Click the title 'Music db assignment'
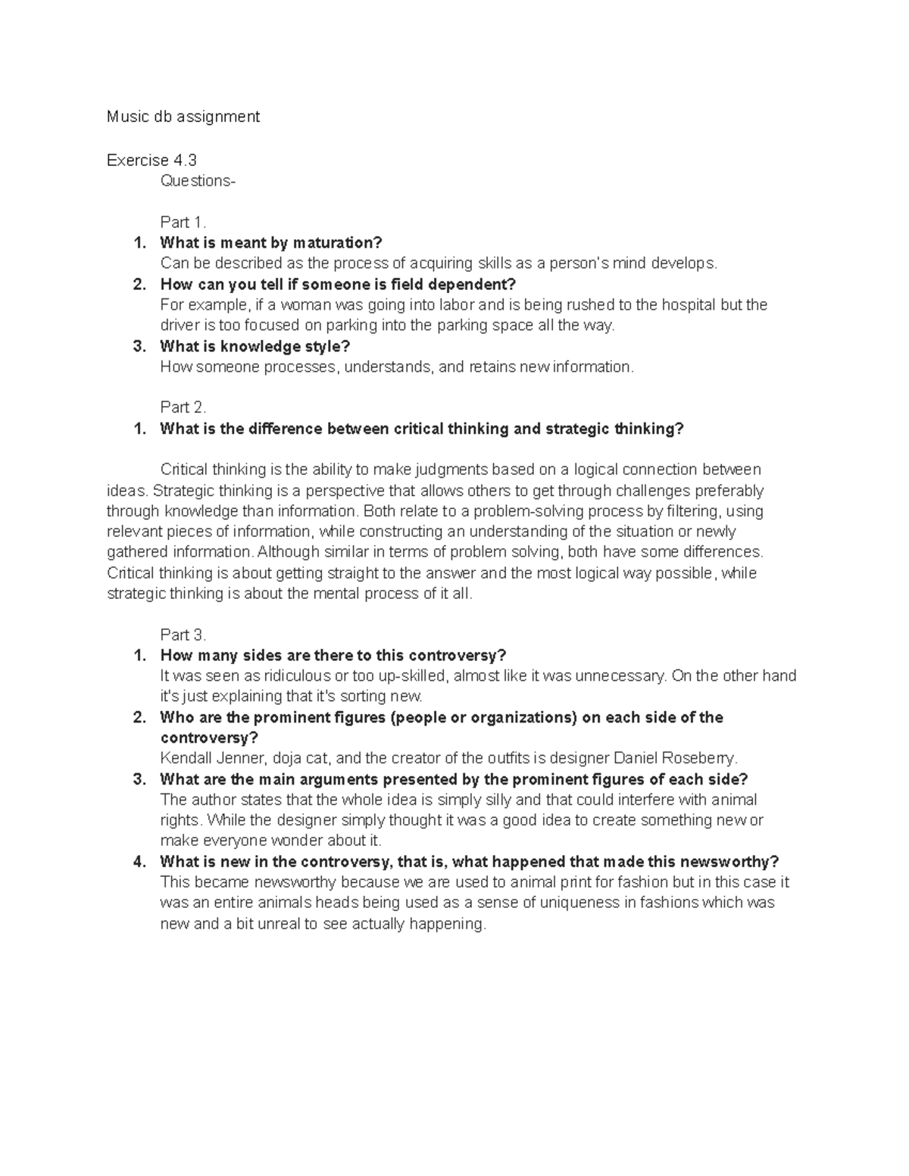183,117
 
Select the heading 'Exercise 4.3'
151,160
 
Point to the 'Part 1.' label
183,222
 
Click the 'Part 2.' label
183,407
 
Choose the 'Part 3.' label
183,635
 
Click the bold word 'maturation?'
338,243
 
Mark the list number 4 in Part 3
139,862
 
